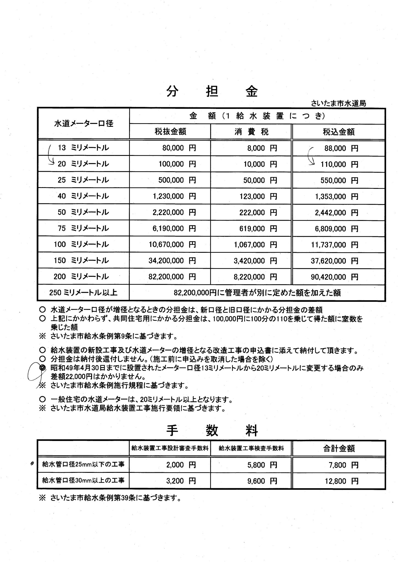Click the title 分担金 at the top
click(x=212, y=92)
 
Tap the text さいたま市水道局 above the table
click(x=338, y=103)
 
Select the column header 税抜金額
click(x=170, y=132)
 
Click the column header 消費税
click(x=251, y=132)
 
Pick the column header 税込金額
click(x=338, y=132)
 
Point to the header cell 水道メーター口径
click(x=84, y=123)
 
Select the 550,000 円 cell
click(x=339, y=180)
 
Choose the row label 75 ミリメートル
click(x=83, y=228)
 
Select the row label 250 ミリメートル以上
click(x=83, y=293)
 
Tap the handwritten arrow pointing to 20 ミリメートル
click(x=50, y=156)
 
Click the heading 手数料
click(x=212, y=431)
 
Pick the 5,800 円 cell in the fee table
click(x=262, y=465)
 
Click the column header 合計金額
click(x=338, y=448)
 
